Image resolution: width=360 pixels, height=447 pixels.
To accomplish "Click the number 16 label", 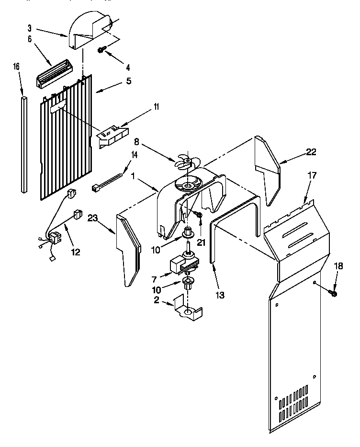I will tap(16, 67).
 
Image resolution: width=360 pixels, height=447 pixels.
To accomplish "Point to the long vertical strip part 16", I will tap(23, 144).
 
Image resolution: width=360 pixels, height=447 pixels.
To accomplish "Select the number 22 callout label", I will tap(311, 152).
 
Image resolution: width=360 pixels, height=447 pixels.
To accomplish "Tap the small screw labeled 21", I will tap(201, 218).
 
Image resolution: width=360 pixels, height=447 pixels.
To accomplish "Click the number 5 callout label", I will tap(128, 81).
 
